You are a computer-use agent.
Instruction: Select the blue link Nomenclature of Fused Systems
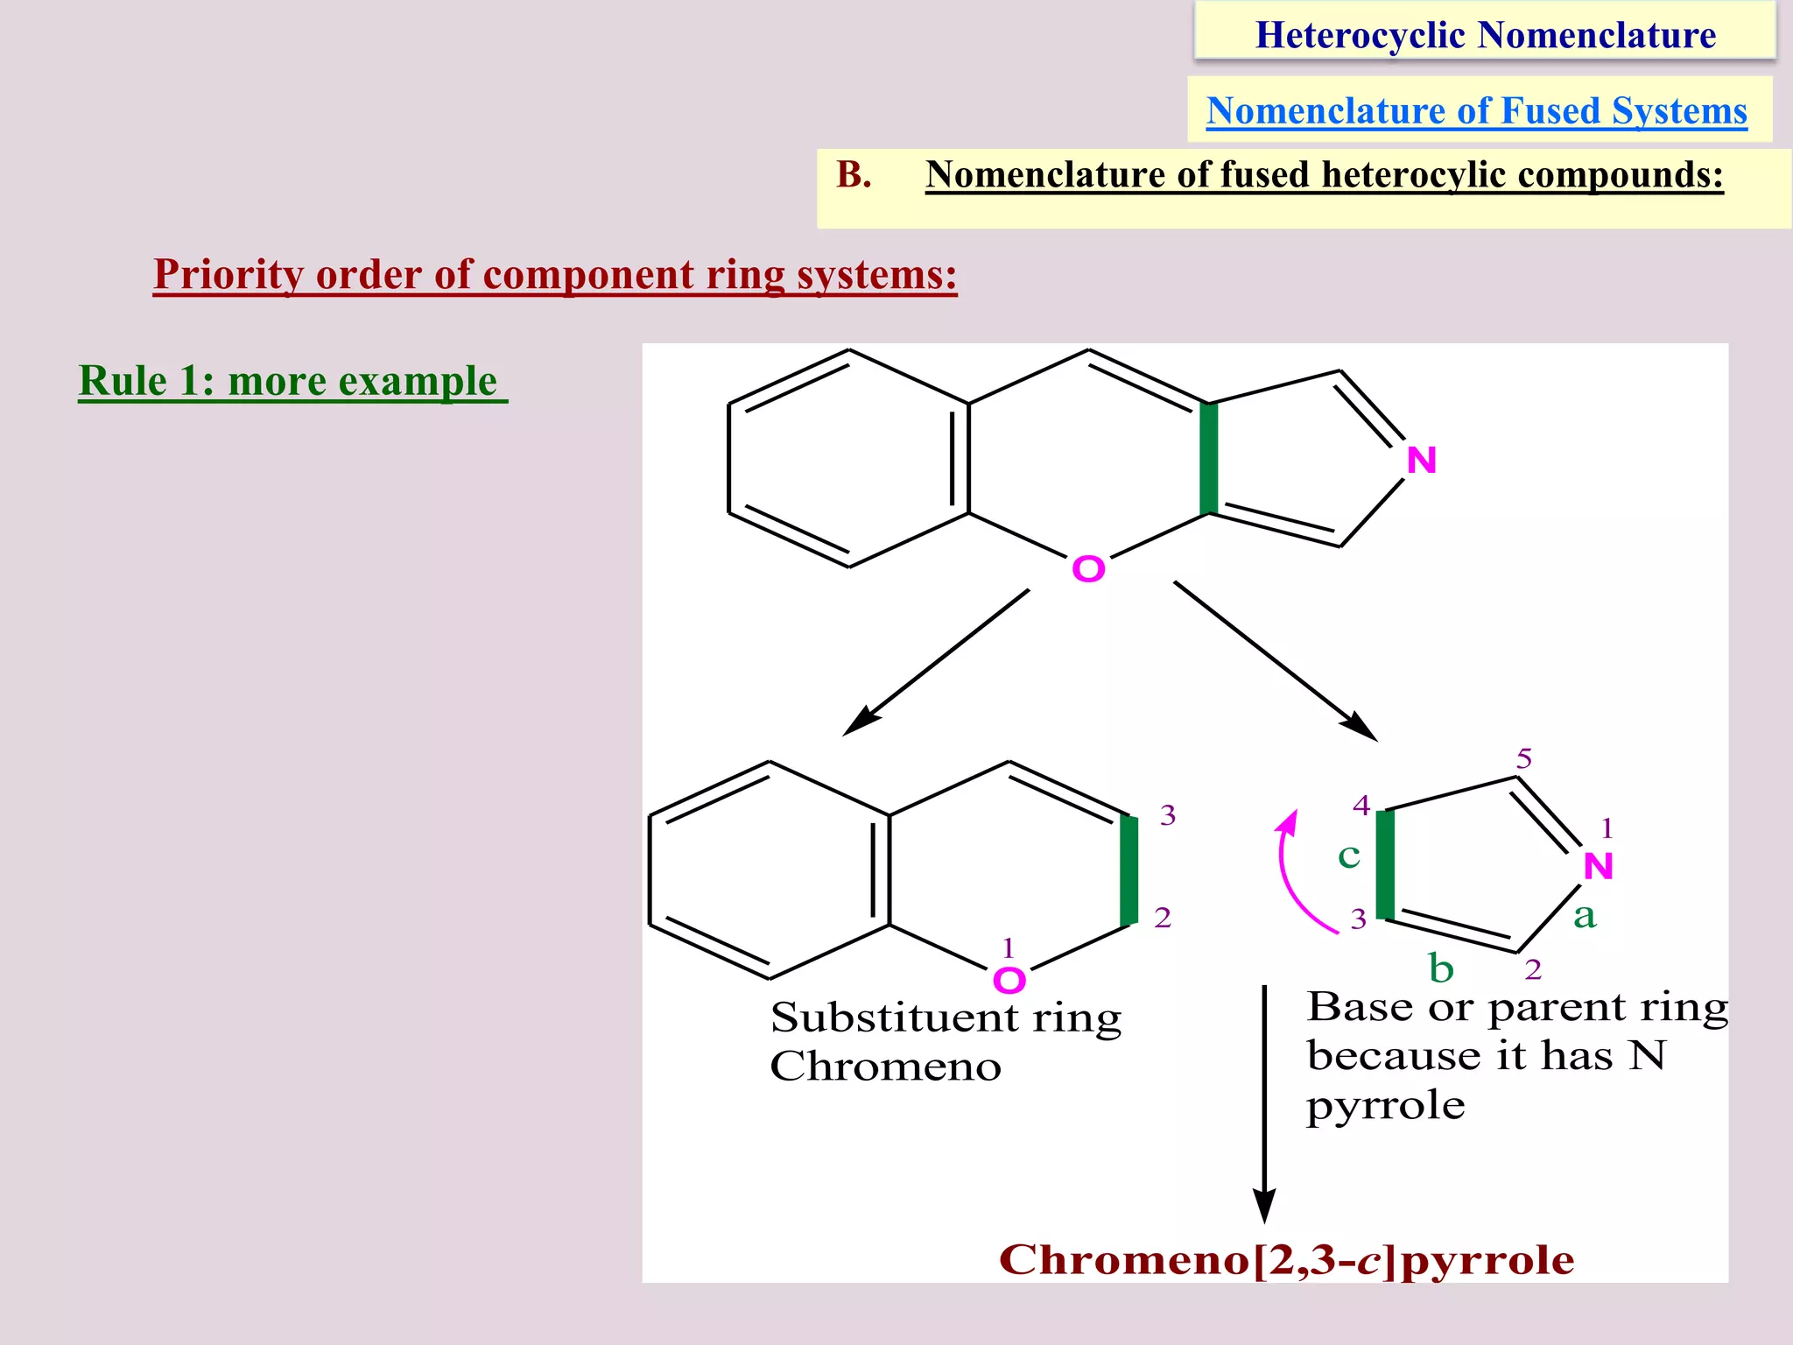click(x=1476, y=111)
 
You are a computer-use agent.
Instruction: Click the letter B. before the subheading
click(x=854, y=174)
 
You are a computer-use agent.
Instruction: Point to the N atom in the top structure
click(x=1421, y=461)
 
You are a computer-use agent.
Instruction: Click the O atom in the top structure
click(x=1088, y=570)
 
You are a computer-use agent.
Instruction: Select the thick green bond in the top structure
click(x=1208, y=459)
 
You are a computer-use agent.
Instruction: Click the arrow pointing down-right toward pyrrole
click(x=1276, y=661)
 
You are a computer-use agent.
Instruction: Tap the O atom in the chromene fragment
click(x=1009, y=980)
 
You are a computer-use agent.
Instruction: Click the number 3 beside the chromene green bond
click(x=1168, y=816)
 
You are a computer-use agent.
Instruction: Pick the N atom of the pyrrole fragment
click(x=1598, y=867)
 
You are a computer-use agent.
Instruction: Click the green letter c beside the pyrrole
click(x=1348, y=856)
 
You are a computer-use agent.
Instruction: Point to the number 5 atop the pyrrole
click(x=1524, y=759)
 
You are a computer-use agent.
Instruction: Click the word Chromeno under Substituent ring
click(x=885, y=1067)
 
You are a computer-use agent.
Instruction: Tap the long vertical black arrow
click(x=1264, y=1103)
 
